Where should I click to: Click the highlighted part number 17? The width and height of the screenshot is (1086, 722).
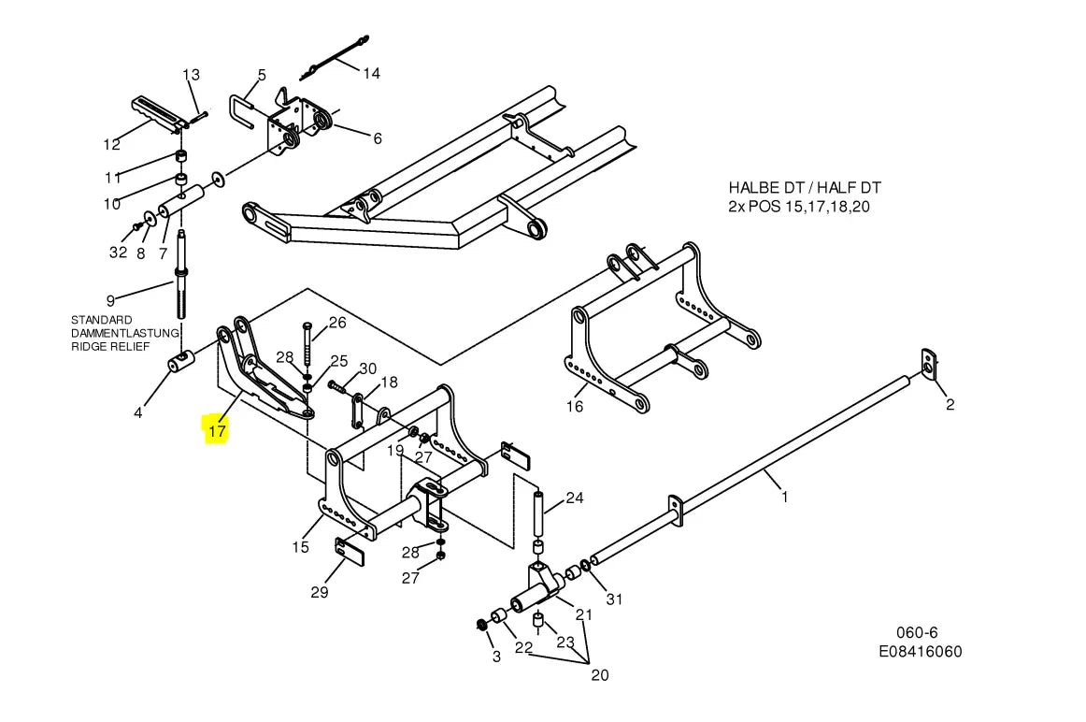pyautogui.click(x=217, y=431)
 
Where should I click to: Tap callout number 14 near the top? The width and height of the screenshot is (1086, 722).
pyautogui.click(x=371, y=74)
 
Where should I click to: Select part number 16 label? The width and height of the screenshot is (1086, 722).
pyautogui.click(x=575, y=407)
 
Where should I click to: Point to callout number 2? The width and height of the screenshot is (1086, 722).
pyautogui.click(x=950, y=405)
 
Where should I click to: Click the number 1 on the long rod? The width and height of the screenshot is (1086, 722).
pyautogui.click(x=785, y=497)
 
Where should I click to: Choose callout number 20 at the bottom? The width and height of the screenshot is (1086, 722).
pyautogui.click(x=600, y=675)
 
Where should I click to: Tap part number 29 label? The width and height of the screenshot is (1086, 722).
pyautogui.click(x=320, y=592)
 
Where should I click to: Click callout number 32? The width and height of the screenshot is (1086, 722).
pyautogui.click(x=119, y=253)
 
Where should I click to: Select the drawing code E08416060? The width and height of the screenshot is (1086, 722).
pyautogui.click(x=921, y=651)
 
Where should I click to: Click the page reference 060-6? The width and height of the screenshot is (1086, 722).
pyautogui.click(x=918, y=632)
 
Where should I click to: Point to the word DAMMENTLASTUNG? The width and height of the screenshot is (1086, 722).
pyautogui.click(x=125, y=333)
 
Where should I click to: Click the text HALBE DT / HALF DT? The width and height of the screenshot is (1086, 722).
pyautogui.click(x=805, y=188)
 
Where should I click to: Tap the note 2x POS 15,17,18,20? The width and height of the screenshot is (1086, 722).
pyautogui.click(x=799, y=207)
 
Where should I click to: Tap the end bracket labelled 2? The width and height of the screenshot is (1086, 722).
pyautogui.click(x=929, y=365)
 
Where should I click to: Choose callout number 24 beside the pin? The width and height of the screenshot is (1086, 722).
pyautogui.click(x=575, y=498)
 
